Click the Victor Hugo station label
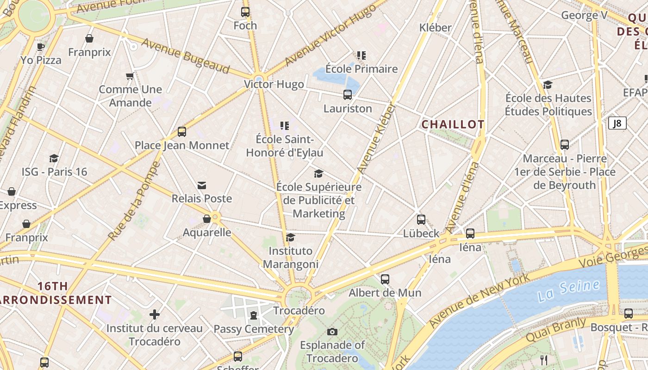tap(274, 84)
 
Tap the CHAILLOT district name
tap(453, 124)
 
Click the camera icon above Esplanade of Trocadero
tap(332, 332)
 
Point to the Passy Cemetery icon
tap(253, 315)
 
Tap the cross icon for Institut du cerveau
tap(155, 315)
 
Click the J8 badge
tap(617, 123)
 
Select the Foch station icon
tap(245, 12)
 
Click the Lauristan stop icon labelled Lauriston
tap(348, 95)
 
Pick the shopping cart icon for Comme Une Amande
tap(130, 76)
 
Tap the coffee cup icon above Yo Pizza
tap(41, 46)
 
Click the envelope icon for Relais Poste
tap(202, 185)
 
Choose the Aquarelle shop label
tap(207, 232)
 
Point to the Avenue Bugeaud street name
tap(186, 56)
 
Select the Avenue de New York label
tap(480, 301)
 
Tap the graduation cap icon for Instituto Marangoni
tap(290, 237)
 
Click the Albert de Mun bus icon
tap(385, 279)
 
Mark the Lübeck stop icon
tap(421, 220)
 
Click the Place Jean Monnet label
tap(182, 145)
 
